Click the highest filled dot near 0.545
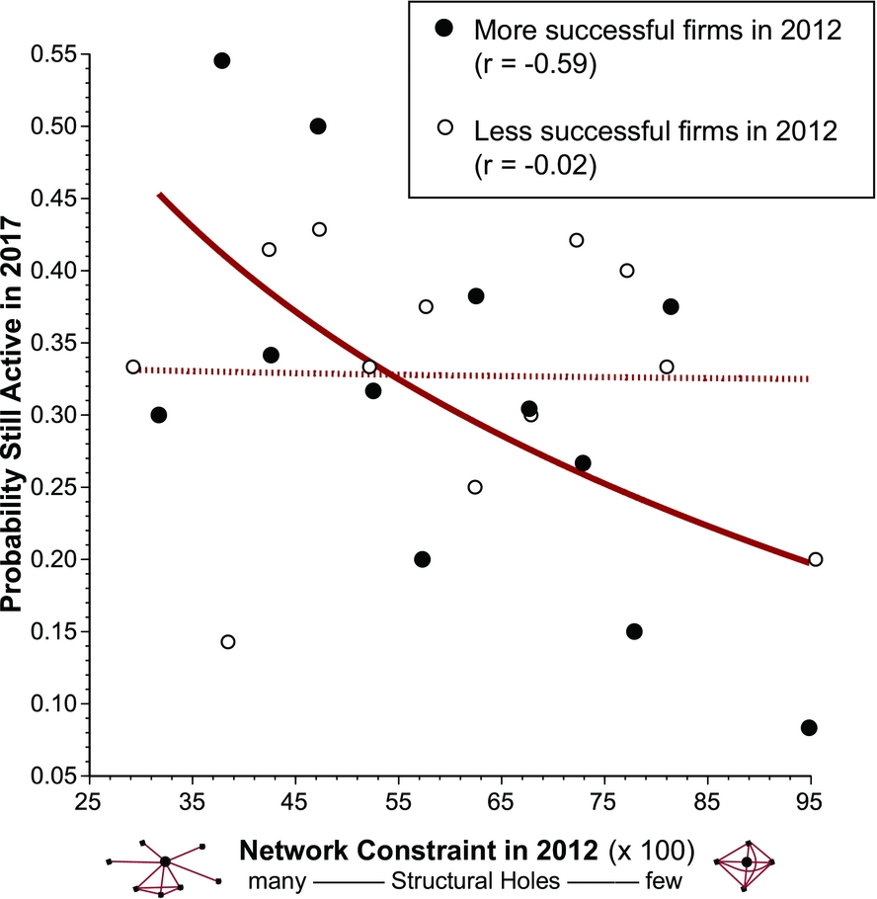tap(222, 61)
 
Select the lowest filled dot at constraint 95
tap(809, 727)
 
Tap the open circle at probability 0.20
tap(815, 559)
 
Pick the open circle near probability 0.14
tap(228, 642)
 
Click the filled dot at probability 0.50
tap(318, 126)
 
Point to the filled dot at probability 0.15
tap(634, 631)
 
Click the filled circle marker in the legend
tap(444, 30)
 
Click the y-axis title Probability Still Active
tap(17, 415)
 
